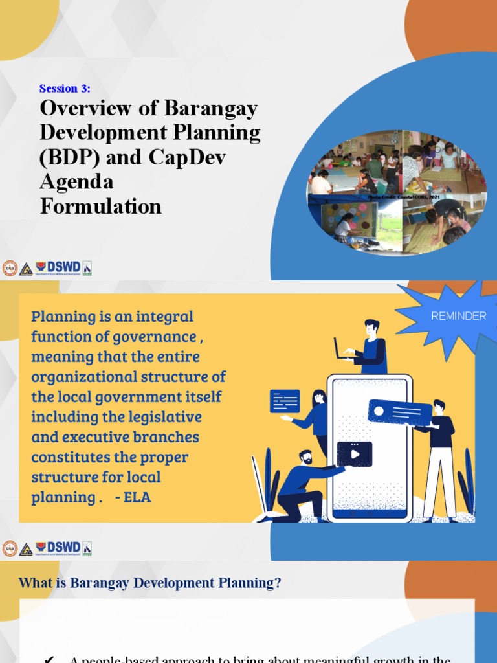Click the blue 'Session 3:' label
click(65, 89)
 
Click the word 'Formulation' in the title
click(100, 207)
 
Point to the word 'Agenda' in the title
click(76, 183)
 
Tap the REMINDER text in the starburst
click(458, 316)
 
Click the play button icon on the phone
click(355, 454)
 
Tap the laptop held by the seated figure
click(343, 348)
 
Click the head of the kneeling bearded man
click(305, 457)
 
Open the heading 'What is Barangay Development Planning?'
click(150, 583)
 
